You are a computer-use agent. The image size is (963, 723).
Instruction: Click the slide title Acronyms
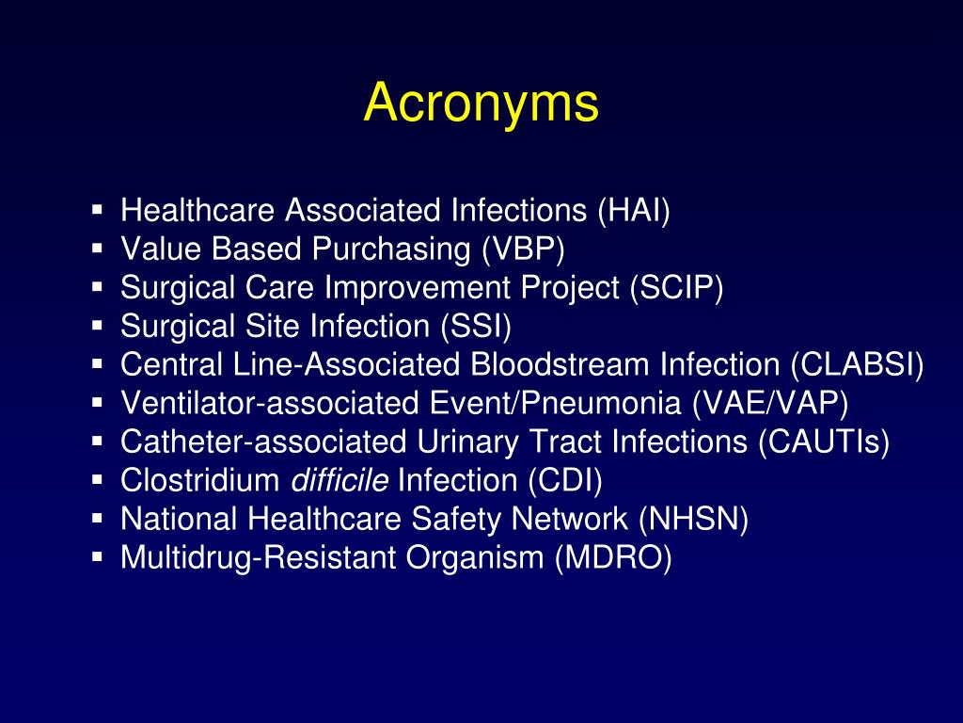481,104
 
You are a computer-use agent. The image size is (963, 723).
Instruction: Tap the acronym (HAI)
634,210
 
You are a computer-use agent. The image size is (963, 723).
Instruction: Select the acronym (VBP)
523,249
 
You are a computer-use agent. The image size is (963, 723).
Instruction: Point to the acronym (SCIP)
676,287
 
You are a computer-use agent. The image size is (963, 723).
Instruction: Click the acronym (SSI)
476,326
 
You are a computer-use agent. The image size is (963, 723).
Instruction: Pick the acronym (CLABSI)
857,364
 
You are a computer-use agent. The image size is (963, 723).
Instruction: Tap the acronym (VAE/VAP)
770,403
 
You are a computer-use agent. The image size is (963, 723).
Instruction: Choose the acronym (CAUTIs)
824,442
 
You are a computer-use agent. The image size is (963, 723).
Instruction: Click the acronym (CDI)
564,480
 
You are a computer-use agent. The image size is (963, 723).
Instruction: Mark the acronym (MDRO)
613,557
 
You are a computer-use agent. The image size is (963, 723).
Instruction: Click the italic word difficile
339,480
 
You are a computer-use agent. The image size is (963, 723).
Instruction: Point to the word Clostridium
201,480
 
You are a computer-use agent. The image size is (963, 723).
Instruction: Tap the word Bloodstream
560,364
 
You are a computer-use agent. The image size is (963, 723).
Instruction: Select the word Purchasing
391,249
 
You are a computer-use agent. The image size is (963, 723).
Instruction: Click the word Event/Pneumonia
556,403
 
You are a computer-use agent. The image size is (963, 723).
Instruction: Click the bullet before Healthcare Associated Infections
97,210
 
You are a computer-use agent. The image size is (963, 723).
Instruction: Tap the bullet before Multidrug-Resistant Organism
97,557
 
